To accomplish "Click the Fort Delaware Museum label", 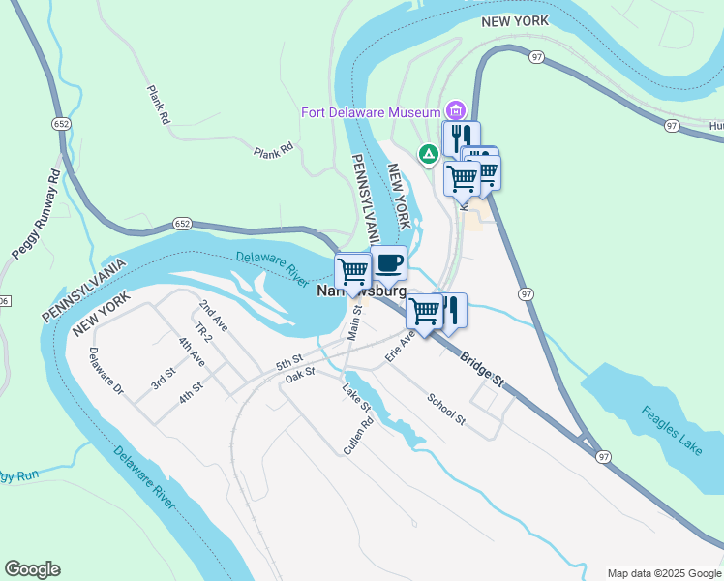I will [371, 112].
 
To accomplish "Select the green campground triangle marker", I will [427, 153].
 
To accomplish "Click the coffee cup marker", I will [388, 262].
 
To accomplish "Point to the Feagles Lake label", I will [671, 430].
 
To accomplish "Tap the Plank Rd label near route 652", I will [273, 151].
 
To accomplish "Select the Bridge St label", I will [482, 369].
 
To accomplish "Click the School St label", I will [447, 409].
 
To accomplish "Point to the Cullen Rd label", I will [358, 437].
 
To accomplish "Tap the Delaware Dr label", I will [106, 372].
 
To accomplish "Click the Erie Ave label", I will [399, 345].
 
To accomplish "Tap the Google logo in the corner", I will [32, 569].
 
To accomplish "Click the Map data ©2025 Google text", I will [664, 573].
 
